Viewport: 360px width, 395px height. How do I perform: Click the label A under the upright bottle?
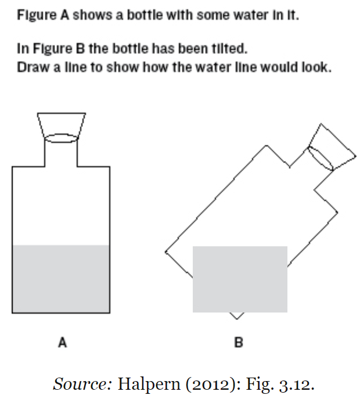point(63,342)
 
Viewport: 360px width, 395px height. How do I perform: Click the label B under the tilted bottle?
point(239,342)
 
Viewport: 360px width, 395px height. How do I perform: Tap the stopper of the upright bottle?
point(62,125)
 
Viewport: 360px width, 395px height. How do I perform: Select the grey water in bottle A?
point(61,279)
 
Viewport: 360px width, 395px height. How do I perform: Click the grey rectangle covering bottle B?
point(240,279)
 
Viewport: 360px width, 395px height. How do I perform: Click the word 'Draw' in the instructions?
point(34,67)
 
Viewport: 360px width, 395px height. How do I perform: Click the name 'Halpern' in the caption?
point(149,385)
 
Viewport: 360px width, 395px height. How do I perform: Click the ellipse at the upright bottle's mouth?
point(61,138)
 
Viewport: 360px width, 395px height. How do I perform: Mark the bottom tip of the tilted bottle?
point(237,319)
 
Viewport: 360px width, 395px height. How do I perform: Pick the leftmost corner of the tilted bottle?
point(165,252)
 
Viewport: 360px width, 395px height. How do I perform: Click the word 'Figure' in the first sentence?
point(37,15)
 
